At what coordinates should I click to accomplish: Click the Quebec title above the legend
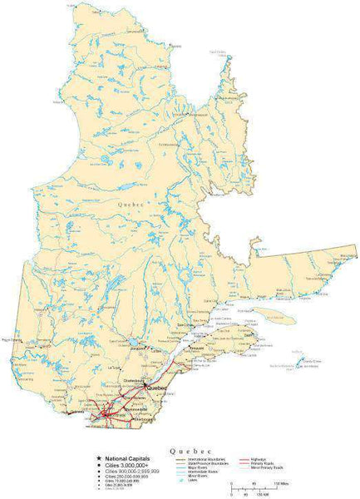pos(190,449)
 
